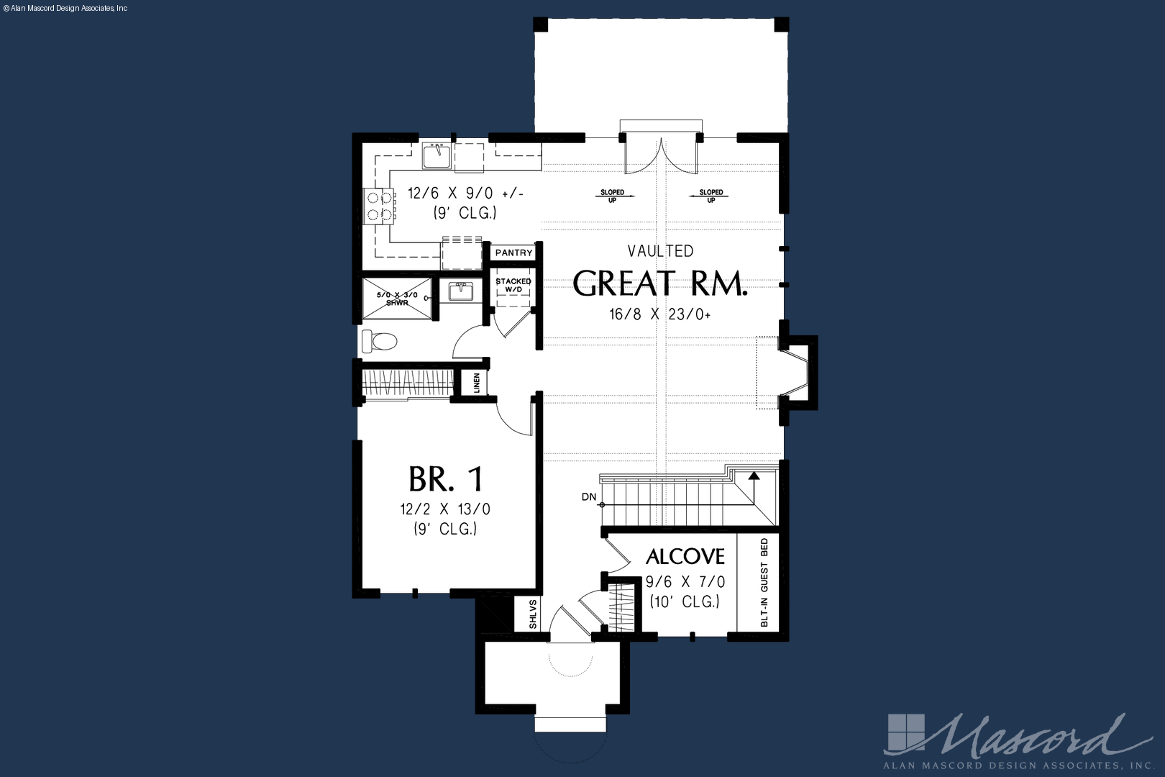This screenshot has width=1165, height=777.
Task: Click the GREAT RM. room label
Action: click(x=660, y=283)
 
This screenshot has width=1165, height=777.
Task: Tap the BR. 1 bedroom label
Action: click(x=446, y=479)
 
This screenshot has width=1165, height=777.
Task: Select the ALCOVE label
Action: click(x=685, y=556)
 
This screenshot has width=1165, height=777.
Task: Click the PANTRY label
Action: click(x=514, y=253)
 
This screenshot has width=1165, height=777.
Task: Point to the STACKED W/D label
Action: click(x=513, y=285)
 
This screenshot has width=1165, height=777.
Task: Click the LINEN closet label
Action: click(x=476, y=383)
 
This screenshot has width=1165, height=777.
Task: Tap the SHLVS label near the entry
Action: click(x=533, y=614)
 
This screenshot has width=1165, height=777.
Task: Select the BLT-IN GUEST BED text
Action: click(x=764, y=582)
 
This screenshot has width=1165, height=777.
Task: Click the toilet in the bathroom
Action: click(x=379, y=342)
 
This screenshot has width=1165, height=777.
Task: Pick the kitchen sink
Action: click(x=437, y=155)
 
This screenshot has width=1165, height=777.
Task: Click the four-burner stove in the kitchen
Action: click(x=378, y=206)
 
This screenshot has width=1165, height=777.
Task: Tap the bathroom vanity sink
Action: click(x=461, y=291)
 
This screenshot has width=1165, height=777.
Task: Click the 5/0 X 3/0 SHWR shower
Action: click(x=397, y=299)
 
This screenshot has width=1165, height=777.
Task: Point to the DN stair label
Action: click(x=589, y=497)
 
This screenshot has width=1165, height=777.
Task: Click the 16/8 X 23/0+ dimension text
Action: click(x=660, y=314)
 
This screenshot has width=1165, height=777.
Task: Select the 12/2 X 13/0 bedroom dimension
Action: click(x=445, y=509)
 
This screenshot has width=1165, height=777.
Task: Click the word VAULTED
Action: click(x=660, y=251)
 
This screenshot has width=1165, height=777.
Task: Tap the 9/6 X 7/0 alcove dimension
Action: click(x=685, y=581)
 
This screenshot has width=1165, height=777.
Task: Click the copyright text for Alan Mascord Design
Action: click(x=65, y=9)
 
